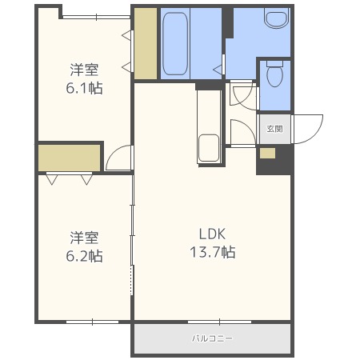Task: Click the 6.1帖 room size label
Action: [x=85, y=86]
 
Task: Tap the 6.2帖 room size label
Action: [x=85, y=256]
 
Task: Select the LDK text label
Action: [x=214, y=234]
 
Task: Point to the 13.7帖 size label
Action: [x=214, y=252]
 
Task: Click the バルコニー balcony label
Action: [x=212, y=338]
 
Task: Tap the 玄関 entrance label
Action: [x=274, y=128]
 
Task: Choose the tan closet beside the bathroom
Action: [x=145, y=43]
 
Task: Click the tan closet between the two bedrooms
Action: [x=69, y=158]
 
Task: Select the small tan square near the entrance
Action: [x=267, y=153]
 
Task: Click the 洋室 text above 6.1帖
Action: [x=85, y=68]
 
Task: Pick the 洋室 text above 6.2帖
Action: [x=85, y=238]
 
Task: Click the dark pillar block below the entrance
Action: [x=273, y=162]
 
